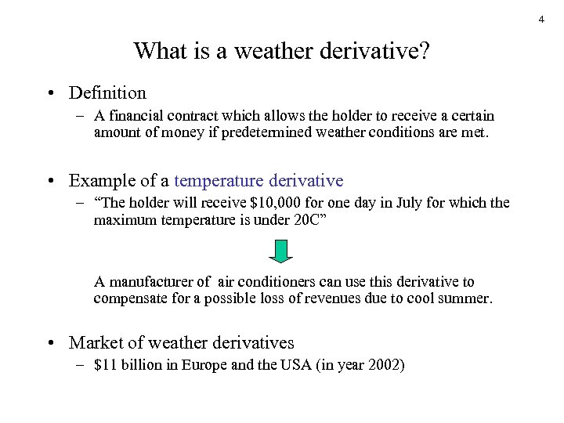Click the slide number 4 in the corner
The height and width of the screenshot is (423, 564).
click(x=541, y=19)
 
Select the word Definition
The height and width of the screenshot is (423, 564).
click(x=107, y=92)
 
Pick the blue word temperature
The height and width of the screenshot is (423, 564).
click(x=219, y=181)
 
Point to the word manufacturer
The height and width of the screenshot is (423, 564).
click(x=150, y=282)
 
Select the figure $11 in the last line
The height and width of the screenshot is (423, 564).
click(x=104, y=365)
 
